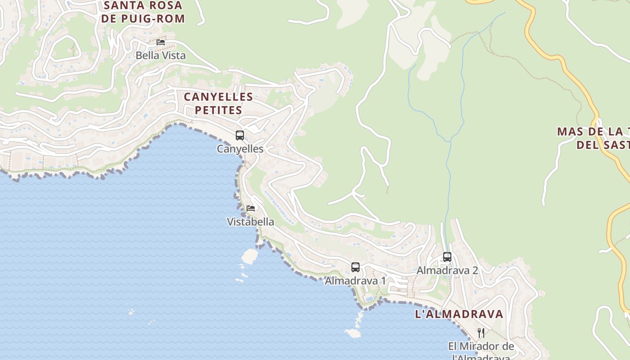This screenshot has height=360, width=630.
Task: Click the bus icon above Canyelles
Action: click(240, 135)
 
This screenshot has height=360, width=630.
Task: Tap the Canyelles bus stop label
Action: click(240, 148)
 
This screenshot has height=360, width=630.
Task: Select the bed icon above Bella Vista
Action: click(161, 42)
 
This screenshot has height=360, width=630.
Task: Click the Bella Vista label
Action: click(161, 56)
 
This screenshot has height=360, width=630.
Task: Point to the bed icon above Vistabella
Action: click(251, 208)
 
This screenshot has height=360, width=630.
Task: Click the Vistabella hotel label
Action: click(251, 221)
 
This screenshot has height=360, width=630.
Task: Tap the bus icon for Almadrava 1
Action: click(355, 267)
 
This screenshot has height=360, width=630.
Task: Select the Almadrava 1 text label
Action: click(355, 281)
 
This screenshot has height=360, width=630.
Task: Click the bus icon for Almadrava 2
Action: click(447, 257)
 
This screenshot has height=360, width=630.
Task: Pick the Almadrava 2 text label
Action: click(447, 270)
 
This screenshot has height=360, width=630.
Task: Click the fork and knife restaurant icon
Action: click(481, 333)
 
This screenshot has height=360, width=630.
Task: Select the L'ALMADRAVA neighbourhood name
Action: click(459, 314)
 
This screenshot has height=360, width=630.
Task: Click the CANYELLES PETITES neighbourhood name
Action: click(218, 103)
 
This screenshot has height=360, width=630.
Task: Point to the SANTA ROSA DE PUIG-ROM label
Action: click(143, 12)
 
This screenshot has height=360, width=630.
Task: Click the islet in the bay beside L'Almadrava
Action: click(353, 333)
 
